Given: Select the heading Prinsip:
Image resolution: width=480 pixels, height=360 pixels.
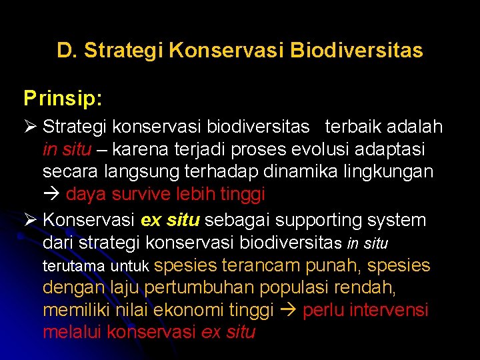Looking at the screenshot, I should coord(63,99).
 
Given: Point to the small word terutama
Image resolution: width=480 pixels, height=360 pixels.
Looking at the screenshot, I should coord(73,267).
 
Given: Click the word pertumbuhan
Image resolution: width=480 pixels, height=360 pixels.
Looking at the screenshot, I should coord(198,288).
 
